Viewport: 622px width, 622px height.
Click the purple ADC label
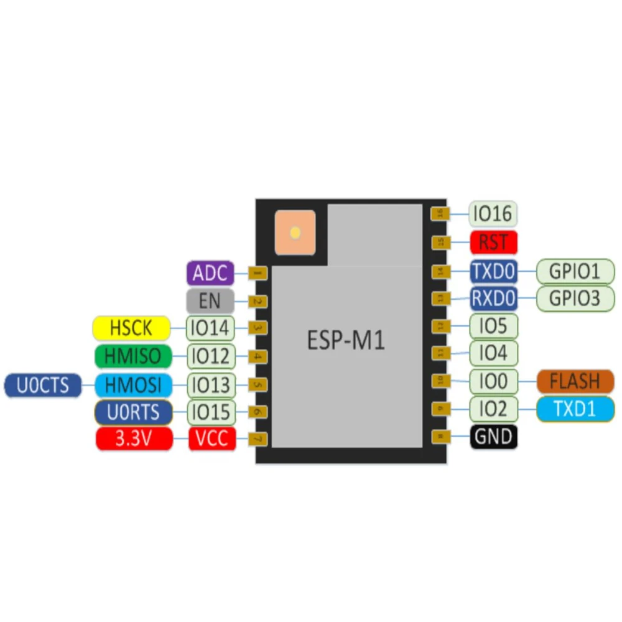210,273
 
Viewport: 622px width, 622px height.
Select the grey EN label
210,301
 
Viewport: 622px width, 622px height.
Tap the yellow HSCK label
131,328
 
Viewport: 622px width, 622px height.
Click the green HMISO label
132,356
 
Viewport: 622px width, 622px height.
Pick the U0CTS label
42,385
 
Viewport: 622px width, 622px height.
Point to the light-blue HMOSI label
133,385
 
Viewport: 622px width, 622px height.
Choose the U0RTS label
133,412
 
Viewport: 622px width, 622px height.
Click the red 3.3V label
133,439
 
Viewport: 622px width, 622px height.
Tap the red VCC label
212,439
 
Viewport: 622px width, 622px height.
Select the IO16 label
493,214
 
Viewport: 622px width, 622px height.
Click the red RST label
493,242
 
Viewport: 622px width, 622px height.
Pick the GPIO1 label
575,271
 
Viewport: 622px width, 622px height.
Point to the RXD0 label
493,299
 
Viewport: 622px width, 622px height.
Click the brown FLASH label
575,381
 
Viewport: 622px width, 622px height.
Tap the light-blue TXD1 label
575,409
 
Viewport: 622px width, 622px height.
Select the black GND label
493,437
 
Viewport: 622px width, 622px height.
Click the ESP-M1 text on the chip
346,341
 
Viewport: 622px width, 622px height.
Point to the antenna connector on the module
295,233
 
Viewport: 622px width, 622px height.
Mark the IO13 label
211,385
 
